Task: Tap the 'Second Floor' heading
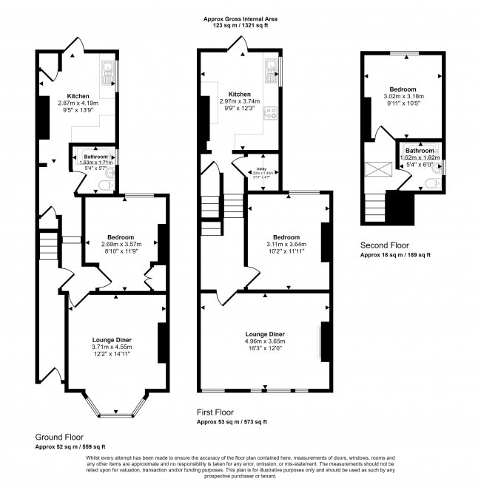point(385,245)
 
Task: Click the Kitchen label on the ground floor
point(78,96)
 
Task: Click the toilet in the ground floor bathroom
point(109,174)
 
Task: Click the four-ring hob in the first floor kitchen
point(271,113)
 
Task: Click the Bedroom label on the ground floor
point(119,236)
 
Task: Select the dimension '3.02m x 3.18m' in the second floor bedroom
point(403,95)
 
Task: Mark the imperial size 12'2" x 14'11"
point(112,354)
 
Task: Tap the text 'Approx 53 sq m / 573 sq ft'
point(232,422)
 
